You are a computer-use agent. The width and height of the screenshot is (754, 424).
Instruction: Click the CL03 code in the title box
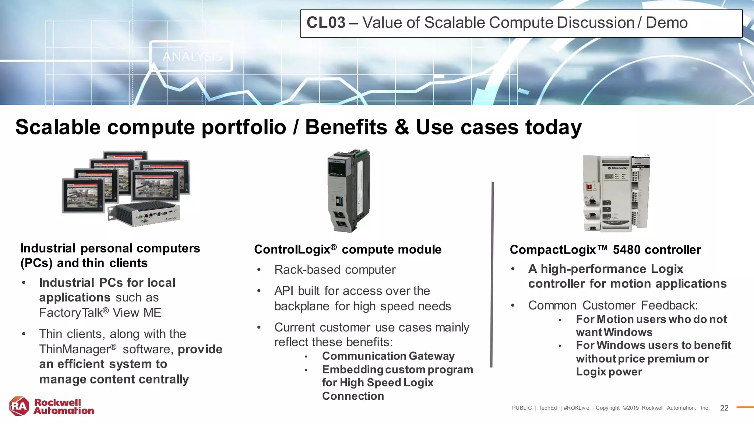coord(326,23)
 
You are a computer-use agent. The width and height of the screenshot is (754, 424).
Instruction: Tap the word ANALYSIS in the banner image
coord(192,57)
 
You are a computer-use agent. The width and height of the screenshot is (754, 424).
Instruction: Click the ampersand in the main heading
coord(402,127)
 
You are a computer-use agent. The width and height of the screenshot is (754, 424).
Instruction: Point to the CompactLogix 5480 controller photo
coord(616,193)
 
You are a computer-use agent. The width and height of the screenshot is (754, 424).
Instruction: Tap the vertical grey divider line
coord(492,274)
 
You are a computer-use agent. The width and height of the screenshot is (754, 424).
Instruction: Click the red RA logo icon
coord(19,406)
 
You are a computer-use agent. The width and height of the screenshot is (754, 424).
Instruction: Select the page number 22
coord(724,408)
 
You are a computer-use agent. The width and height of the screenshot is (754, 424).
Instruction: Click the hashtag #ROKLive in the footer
coord(576,408)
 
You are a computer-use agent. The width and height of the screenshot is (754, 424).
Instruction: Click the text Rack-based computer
coord(335,270)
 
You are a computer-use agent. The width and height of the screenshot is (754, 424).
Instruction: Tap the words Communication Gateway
coord(388,356)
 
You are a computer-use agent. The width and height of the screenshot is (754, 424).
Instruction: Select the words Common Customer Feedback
coord(613,305)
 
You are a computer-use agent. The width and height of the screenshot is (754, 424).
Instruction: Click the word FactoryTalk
coord(71,313)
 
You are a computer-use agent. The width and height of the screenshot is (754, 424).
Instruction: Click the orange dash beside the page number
coord(744,407)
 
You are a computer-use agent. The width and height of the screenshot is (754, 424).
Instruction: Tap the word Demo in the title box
coord(666,23)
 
